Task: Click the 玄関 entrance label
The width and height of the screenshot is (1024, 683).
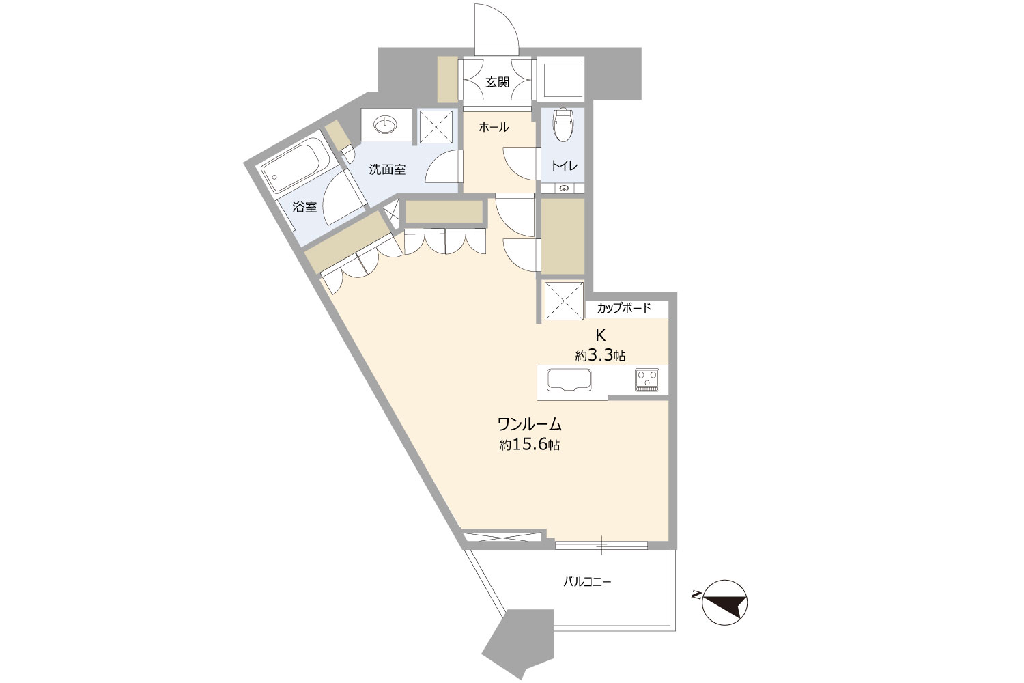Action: click(x=497, y=83)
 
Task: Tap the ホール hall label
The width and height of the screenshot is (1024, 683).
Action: click(x=494, y=127)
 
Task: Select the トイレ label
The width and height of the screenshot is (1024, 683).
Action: click(x=564, y=165)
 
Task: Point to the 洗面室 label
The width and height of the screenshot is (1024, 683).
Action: click(x=387, y=169)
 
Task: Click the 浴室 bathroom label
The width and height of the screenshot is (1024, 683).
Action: click(x=304, y=207)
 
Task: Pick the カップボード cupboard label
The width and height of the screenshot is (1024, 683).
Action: click(x=624, y=308)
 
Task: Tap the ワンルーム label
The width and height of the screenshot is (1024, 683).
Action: click(x=529, y=425)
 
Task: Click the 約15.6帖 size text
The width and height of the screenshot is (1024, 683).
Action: click(x=529, y=445)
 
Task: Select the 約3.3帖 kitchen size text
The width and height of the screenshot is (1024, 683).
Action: click(x=600, y=355)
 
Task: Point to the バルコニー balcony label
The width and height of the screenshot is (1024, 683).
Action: click(x=587, y=582)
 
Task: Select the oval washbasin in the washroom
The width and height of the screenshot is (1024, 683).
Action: click(x=386, y=124)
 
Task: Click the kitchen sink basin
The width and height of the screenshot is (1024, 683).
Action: click(x=569, y=380)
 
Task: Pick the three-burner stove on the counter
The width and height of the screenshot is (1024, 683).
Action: click(x=647, y=380)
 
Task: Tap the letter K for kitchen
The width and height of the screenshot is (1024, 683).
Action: click(x=600, y=335)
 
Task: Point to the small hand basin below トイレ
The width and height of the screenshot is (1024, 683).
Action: click(x=564, y=188)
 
